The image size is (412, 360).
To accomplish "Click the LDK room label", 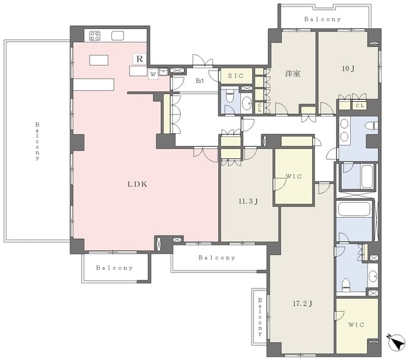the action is point(137,184).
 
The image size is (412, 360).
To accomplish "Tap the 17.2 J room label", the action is point(303,304).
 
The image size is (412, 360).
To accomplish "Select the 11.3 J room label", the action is point(248,202).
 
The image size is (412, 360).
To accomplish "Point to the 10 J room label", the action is point(348,68).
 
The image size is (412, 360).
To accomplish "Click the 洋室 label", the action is point(293,73).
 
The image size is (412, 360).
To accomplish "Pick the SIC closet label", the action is point(236,76).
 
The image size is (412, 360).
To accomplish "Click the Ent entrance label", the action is point(200,81).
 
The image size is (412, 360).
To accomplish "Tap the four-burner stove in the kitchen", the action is point(95,36).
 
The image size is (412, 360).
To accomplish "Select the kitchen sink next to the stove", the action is point(117,35).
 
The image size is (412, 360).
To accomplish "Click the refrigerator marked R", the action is point(140,59).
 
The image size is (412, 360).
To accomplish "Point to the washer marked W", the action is point(153,74).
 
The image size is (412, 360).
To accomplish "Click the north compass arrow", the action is point(396,342).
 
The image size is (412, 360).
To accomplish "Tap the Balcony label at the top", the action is point(323,19).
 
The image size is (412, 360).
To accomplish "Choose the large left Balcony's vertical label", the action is point(37,141).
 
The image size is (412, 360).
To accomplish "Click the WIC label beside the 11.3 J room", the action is point(294,176).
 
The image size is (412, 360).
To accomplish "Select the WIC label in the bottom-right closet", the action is point(356,325).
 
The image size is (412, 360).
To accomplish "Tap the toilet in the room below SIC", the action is point(230,96).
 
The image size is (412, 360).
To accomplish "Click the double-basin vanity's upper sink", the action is point(344,124).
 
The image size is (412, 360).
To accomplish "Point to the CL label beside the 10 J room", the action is point(360,106).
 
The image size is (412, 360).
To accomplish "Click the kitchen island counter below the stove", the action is point(98,60).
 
